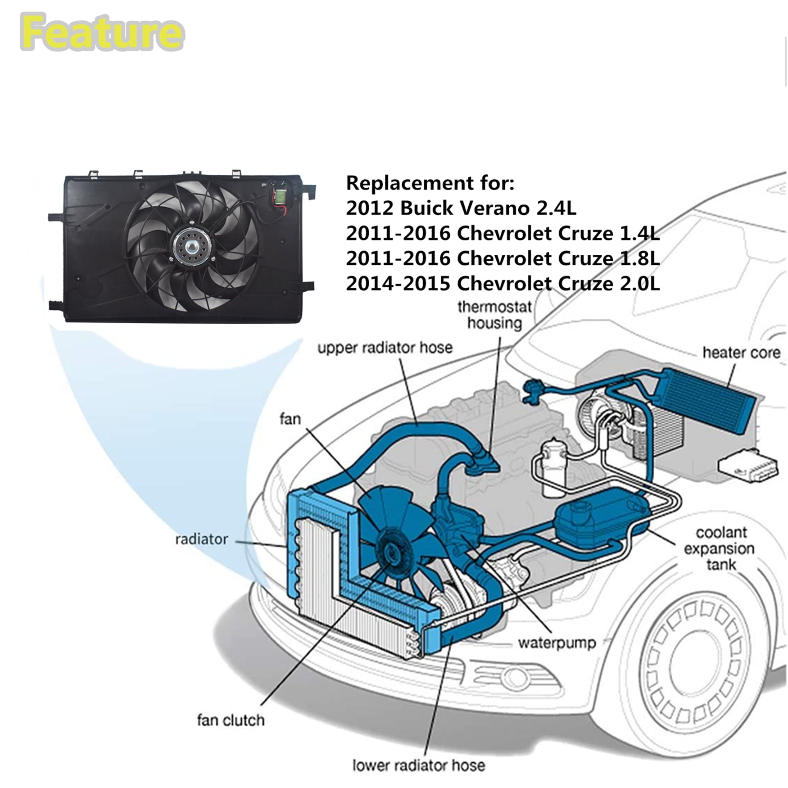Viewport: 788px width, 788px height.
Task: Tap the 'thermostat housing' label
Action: (x=494, y=315)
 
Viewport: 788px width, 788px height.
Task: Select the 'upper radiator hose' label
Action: (x=385, y=348)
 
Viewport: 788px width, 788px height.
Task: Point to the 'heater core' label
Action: (x=741, y=352)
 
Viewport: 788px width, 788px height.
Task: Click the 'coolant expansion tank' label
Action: (x=720, y=548)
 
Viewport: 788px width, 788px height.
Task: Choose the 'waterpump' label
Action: (x=557, y=643)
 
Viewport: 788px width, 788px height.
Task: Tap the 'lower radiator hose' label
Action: (x=419, y=765)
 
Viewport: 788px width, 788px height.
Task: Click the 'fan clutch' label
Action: (x=231, y=720)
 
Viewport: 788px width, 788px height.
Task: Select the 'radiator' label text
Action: (x=201, y=539)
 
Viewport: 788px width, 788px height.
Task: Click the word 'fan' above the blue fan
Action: (x=290, y=419)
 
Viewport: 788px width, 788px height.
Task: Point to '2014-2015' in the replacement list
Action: (x=398, y=284)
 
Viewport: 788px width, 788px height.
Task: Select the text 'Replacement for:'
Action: (x=430, y=183)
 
